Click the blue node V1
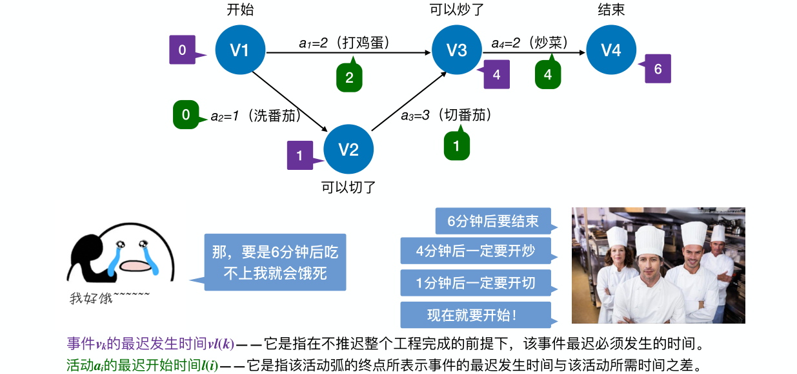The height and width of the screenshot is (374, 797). [240, 50]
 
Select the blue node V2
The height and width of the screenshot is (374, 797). [348, 150]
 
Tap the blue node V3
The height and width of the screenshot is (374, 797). [456, 50]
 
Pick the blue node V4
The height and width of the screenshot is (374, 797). [610, 50]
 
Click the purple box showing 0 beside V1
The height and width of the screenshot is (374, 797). [183, 50]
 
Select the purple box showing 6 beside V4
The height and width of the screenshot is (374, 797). [658, 68]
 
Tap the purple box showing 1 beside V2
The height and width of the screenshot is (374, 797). [299, 155]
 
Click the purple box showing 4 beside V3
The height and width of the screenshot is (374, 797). [496, 74]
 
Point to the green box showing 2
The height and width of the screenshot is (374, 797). [349, 78]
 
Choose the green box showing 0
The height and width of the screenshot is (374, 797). [186, 115]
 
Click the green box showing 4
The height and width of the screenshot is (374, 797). [547, 75]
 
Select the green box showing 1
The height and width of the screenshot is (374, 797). [456, 146]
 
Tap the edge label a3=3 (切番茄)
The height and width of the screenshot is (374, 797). [447, 115]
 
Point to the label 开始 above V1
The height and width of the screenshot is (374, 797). [240, 10]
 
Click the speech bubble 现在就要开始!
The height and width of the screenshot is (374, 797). [476, 315]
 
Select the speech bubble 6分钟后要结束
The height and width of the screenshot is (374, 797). [493, 220]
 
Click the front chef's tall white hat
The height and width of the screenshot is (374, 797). [649, 239]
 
